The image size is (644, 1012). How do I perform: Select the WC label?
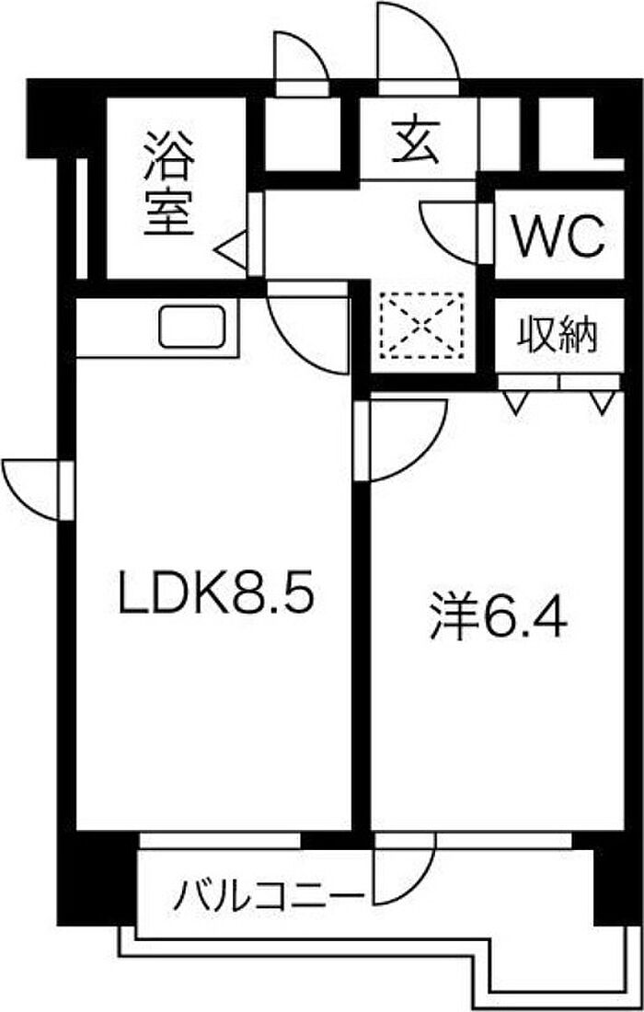pyautogui.click(x=558, y=237)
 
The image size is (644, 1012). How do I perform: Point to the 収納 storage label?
pyautogui.click(x=558, y=335)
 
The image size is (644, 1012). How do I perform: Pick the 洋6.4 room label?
pyautogui.click(x=497, y=618)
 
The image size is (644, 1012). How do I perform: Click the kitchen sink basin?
pyautogui.click(x=192, y=327)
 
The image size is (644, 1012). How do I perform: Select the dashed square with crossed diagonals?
pyautogui.click(x=421, y=325)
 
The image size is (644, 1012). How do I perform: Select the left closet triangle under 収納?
pyautogui.click(x=515, y=400)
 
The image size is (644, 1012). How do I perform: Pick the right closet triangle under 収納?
pyautogui.click(x=603, y=400)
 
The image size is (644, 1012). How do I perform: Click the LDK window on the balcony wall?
pyautogui.click(x=221, y=840)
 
